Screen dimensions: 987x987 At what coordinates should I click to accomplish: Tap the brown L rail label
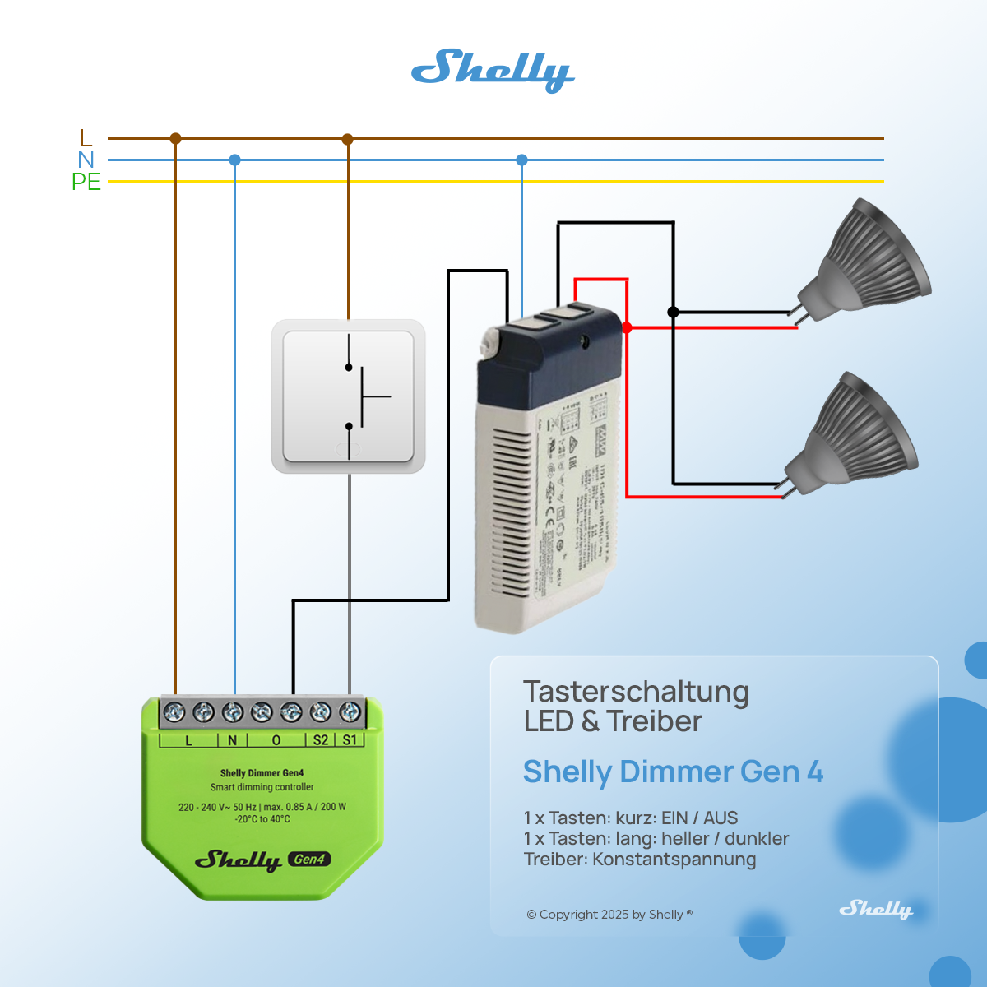click(x=86, y=138)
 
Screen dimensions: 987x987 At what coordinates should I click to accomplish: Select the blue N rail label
click(x=86, y=160)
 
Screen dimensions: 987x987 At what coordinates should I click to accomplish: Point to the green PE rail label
click(x=86, y=182)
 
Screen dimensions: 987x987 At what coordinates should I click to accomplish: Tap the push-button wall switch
click(x=349, y=396)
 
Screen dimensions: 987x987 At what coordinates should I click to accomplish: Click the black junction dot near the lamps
click(x=673, y=312)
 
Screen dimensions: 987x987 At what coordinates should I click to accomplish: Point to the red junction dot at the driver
click(x=627, y=327)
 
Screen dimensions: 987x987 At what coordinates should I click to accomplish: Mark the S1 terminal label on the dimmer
click(x=350, y=740)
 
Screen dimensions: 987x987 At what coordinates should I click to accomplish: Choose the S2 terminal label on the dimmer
click(x=321, y=740)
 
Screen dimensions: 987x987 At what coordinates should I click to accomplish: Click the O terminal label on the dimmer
click(x=276, y=740)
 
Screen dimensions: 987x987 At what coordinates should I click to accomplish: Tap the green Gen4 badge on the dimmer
click(x=309, y=860)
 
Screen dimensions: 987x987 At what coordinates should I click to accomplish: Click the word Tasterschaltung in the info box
click(x=636, y=692)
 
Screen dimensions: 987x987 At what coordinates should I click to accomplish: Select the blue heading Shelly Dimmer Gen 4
click(x=673, y=772)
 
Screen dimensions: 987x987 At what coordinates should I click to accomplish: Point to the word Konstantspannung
click(x=674, y=860)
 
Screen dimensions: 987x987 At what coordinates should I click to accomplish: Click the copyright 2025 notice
click(x=609, y=915)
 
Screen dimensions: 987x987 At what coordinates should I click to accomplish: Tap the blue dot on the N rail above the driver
click(x=521, y=160)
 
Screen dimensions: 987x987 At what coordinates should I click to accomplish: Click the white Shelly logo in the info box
click(x=875, y=909)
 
